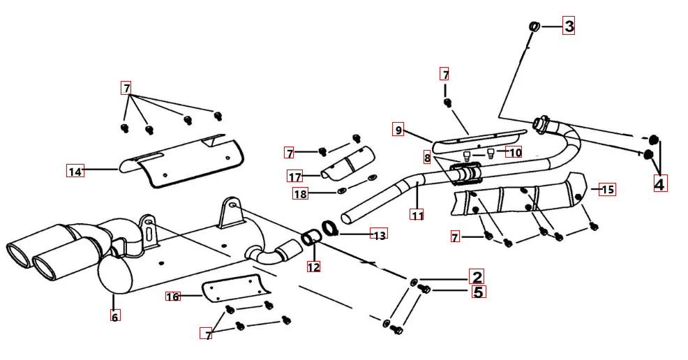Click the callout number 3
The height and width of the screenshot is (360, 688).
point(569,27)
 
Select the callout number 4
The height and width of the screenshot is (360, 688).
point(659,183)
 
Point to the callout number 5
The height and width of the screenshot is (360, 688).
point(478,292)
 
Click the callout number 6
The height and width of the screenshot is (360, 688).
point(114,316)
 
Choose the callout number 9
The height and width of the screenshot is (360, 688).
point(398,130)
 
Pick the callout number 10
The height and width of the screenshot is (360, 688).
point(514,152)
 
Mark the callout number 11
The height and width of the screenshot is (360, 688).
point(417,216)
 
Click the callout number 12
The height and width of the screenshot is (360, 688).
point(313,266)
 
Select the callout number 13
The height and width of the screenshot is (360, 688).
point(379,235)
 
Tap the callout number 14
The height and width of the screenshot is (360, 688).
point(75,170)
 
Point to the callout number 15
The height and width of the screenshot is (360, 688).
point(607,189)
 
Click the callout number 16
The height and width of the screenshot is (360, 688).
point(173,297)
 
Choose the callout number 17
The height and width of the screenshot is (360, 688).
point(295,176)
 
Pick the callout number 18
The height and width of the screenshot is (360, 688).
point(300,194)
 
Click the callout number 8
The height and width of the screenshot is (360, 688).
point(427,158)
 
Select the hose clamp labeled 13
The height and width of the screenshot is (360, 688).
point(330,228)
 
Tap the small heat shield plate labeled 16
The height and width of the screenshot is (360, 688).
point(234,289)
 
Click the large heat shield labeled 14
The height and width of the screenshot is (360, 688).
point(181,160)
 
